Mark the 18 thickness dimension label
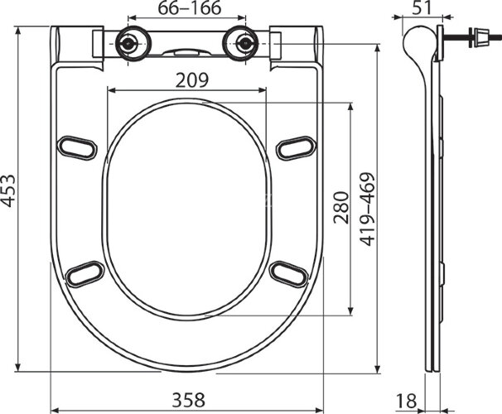406,401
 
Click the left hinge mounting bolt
129,43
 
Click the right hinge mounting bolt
244,43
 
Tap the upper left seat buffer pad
77,147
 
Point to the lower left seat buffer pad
84,273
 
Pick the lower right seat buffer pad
288,272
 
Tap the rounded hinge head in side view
418,41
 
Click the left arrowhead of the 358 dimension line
54,408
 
